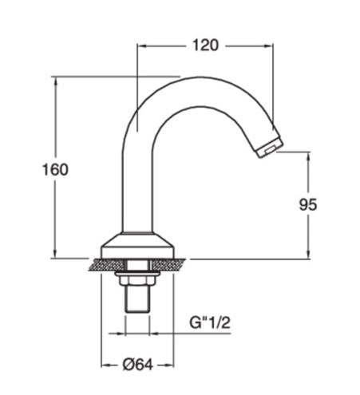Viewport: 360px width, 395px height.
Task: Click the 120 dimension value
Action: [x=205, y=45]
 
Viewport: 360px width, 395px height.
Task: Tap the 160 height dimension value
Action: [x=55, y=169]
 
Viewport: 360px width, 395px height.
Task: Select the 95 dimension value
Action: [x=308, y=204]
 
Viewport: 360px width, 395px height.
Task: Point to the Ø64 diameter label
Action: [x=138, y=365]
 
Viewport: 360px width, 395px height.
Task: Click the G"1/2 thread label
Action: [x=210, y=322]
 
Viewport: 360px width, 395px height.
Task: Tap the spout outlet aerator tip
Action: [x=269, y=148]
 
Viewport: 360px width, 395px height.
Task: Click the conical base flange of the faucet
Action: [x=137, y=245]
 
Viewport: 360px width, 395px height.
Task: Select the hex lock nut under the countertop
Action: [x=137, y=280]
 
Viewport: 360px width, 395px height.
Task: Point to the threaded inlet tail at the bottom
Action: [x=137, y=298]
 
